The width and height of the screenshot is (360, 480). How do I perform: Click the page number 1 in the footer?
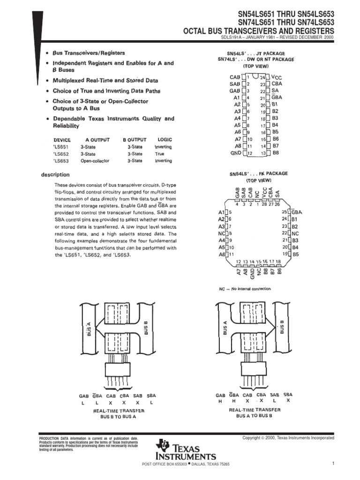click(x=332, y=464)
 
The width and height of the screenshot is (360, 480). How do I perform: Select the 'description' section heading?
click(x=55, y=174)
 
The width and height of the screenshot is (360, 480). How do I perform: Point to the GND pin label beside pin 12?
click(x=235, y=153)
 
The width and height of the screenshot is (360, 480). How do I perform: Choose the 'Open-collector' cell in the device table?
click(x=95, y=161)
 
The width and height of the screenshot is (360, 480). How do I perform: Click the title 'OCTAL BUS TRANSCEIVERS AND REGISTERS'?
click(x=258, y=31)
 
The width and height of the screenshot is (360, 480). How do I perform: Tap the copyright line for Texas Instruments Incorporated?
click(x=288, y=438)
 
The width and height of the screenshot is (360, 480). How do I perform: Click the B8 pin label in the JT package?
click(x=276, y=153)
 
